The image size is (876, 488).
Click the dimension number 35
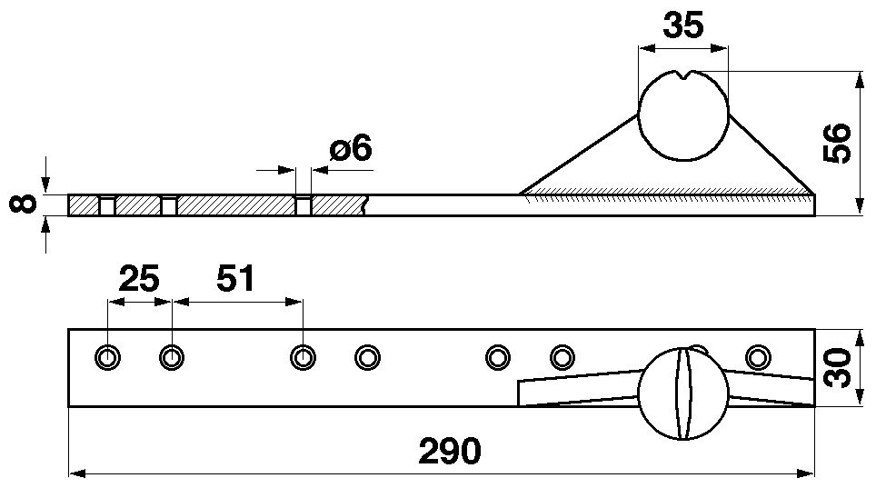tap(683, 25)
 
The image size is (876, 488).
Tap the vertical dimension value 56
tap(838, 143)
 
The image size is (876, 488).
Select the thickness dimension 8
tap(24, 204)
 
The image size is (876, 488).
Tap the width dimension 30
tap(838, 367)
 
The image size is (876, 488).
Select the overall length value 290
tap(450, 451)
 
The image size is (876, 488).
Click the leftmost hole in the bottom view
tap(108, 357)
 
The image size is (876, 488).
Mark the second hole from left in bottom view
tap(172, 357)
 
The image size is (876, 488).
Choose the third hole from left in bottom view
tap(303, 357)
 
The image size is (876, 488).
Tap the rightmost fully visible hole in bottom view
tap(758, 356)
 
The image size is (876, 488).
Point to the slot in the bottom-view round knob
tap(682, 393)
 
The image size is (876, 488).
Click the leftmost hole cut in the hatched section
tap(107, 205)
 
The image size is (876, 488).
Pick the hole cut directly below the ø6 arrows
tap(303, 205)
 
